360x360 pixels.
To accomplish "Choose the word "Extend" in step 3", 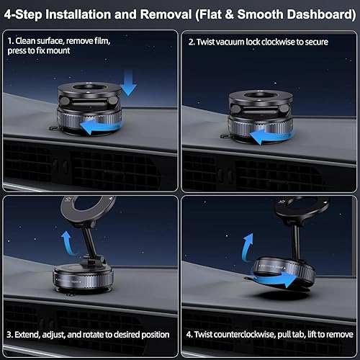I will coord(37,335).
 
